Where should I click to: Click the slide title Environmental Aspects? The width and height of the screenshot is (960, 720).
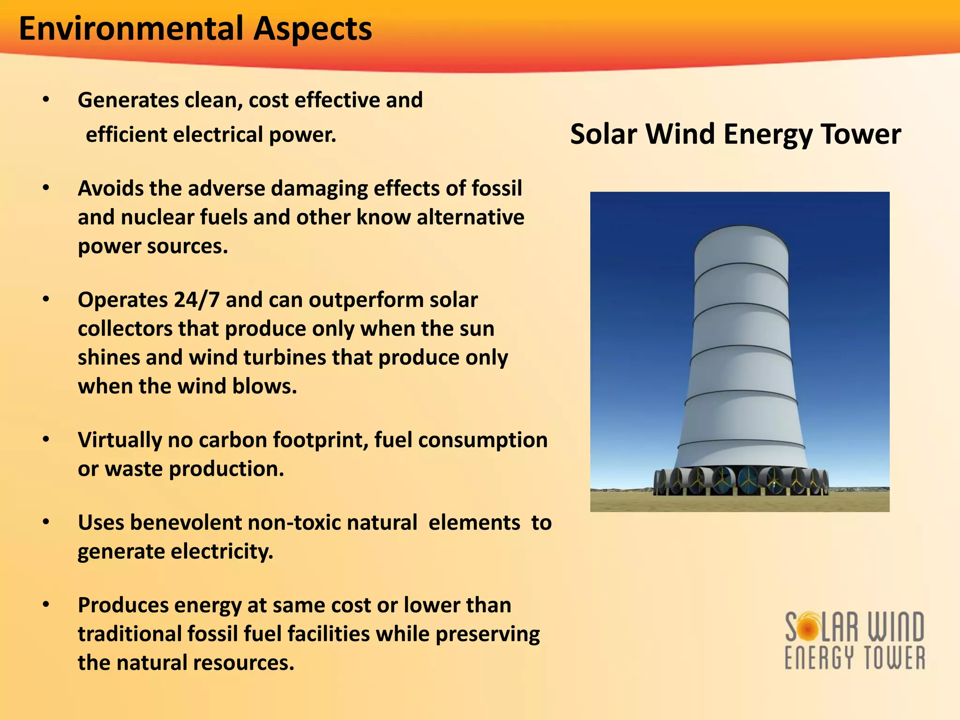(x=195, y=29)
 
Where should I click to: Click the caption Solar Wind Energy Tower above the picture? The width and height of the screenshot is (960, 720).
(x=735, y=135)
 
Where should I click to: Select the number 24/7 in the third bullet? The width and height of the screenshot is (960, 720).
(x=196, y=300)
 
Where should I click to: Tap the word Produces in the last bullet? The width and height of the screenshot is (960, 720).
(x=123, y=605)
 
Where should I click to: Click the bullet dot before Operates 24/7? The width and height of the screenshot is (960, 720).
(x=46, y=300)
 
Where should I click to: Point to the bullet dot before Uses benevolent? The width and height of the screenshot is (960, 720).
(x=46, y=522)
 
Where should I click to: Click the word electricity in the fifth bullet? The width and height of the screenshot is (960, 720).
(x=222, y=552)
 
